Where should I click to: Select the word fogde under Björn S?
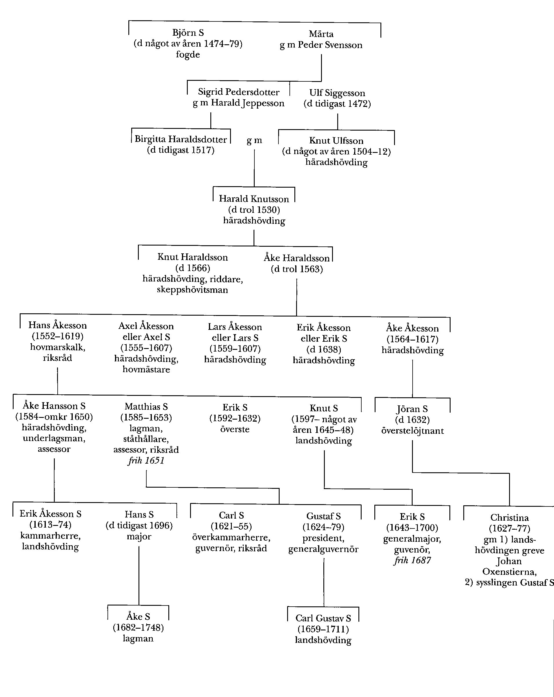click(187, 54)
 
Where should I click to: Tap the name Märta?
click(321, 34)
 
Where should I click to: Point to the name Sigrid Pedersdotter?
click(238, 92)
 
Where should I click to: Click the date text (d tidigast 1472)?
click(337, 104)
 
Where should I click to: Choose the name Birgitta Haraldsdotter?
click(181, 139)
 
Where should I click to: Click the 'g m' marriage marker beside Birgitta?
click(254, 140)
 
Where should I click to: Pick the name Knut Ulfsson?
click(336, 141)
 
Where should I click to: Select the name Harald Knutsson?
click(254, 198)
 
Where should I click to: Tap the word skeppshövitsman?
click(192, 289)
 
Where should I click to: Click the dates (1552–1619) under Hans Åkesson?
click(57, 336)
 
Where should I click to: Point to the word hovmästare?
click(146, 369)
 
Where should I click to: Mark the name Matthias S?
click(146, 406)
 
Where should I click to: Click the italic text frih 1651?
click(146, 460)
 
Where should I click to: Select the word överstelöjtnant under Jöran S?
click(412, 431)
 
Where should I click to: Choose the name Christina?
click(509, 517)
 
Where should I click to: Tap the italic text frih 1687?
click(412, 560)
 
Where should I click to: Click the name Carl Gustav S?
click(323, 618)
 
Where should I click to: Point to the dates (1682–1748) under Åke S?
click(138, 628)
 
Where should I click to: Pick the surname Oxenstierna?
click(509, 572)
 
